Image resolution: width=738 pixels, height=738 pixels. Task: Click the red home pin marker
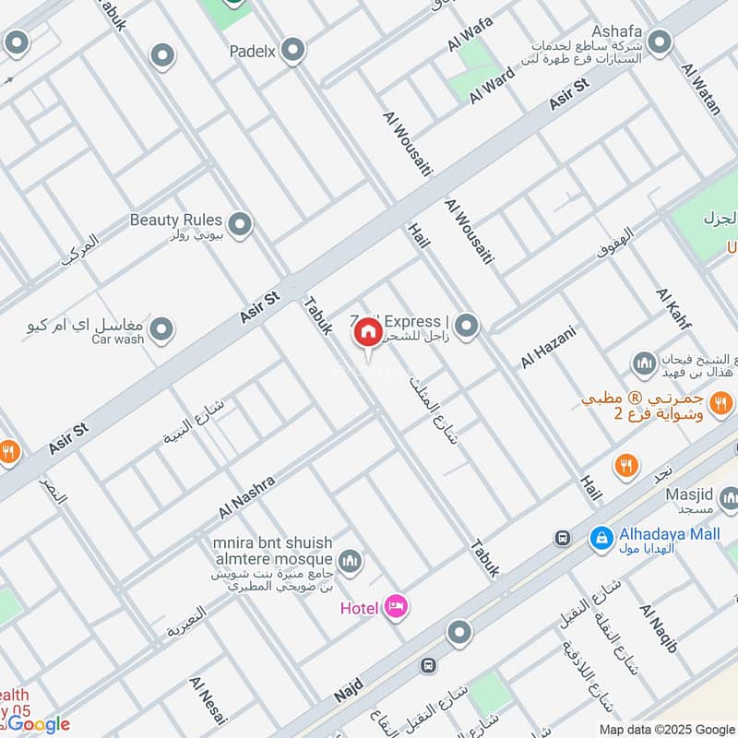coord(367,332)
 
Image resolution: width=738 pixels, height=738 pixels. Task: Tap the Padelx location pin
coord(293,51)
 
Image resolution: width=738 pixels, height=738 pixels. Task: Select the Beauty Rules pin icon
coord(240,224)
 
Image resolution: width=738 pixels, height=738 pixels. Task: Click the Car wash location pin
coord(162,328)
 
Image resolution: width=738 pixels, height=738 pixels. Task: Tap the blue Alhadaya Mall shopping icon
coord(601,536)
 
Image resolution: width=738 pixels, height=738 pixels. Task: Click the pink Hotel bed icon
coord(398,606)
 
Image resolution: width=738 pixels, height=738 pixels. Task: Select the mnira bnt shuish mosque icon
coord(350,560)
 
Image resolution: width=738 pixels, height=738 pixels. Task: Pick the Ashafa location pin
coord(659,42)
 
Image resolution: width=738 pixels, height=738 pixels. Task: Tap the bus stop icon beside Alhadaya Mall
coord(561,537)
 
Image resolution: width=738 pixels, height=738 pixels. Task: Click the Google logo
coord(39,724)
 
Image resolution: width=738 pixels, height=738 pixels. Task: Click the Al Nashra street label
coord(246,496)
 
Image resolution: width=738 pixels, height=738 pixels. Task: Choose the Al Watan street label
coord(701,89)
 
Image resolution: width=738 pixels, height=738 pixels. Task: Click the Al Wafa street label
coord(470,34)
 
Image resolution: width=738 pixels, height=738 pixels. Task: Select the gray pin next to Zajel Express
coord(468,325)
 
